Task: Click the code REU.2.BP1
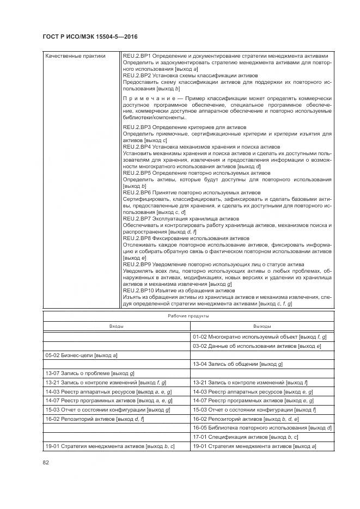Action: [x=137, y=56]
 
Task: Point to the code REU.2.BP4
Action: [x=137, y=147]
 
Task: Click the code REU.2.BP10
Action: [x=138, y=290]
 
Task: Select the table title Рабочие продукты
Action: [x=188, y=315]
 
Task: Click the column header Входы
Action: [x=116, y=326]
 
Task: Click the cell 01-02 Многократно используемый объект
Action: [x=259, y=338]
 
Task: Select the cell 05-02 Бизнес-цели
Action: [x=82, y=355]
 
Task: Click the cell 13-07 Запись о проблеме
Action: [x=90, y=373]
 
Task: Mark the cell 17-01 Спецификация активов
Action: [x=246, y=437]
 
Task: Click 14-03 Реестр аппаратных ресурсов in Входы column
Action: [x=108, y=391]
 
